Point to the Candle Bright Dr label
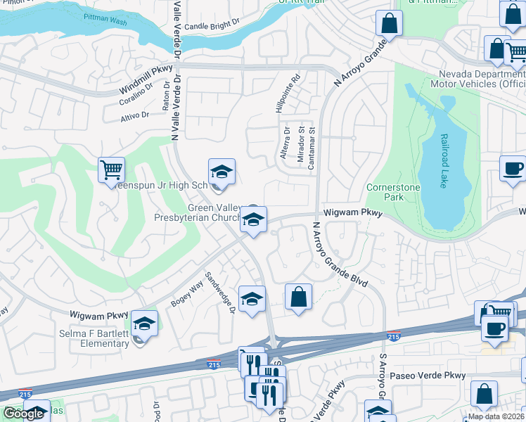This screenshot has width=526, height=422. point(212,26)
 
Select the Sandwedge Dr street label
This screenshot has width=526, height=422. point(219,293)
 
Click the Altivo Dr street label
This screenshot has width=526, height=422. point(135,115)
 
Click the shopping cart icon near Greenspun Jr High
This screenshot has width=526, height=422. point(111,170)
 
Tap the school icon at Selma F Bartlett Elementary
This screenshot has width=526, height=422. point(144,324)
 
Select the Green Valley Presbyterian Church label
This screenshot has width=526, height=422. point(204,212)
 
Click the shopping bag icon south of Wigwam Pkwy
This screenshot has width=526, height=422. point(299,297)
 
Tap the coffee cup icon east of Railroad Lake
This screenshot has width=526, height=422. point(513,170)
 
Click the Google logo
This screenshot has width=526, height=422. point(23,414)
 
